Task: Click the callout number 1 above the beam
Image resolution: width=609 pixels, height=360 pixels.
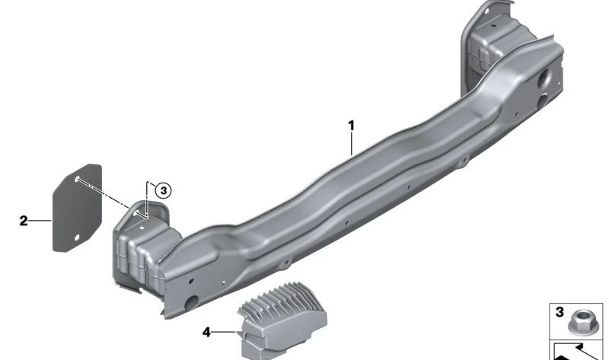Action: (x=351, y=126)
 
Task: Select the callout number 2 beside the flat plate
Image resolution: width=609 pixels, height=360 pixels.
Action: (x=24, y=221)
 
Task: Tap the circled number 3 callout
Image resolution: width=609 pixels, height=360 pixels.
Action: (x=163, y=191)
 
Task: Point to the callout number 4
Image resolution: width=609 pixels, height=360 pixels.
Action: (x=206, y=332)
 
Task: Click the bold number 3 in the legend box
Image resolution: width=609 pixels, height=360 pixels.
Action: (x=560, y=312)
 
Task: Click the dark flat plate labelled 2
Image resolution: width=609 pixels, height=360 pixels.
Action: (x=77, y=208)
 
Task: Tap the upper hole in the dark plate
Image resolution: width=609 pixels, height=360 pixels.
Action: (x=77, y=178)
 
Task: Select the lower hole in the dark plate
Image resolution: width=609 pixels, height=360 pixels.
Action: (x=77, y=237)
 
